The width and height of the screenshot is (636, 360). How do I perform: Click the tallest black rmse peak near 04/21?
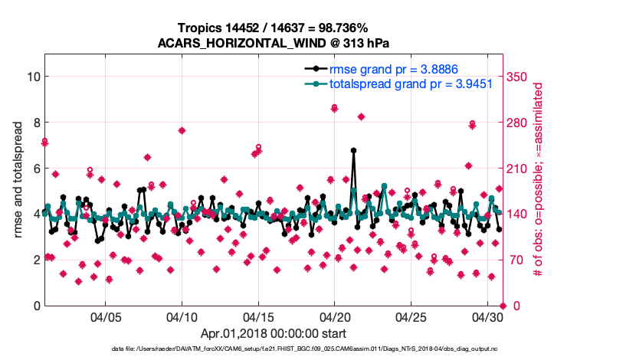pos(353,150)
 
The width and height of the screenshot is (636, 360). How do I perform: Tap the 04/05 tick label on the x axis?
pos(106,316)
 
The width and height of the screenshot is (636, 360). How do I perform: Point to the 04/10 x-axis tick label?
pos(182,316)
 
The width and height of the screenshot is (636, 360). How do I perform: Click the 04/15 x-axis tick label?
pos(258,316)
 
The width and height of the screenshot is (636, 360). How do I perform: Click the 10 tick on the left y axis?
pos(33,77)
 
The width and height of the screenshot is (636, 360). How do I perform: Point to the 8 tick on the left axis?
pos(36,123)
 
